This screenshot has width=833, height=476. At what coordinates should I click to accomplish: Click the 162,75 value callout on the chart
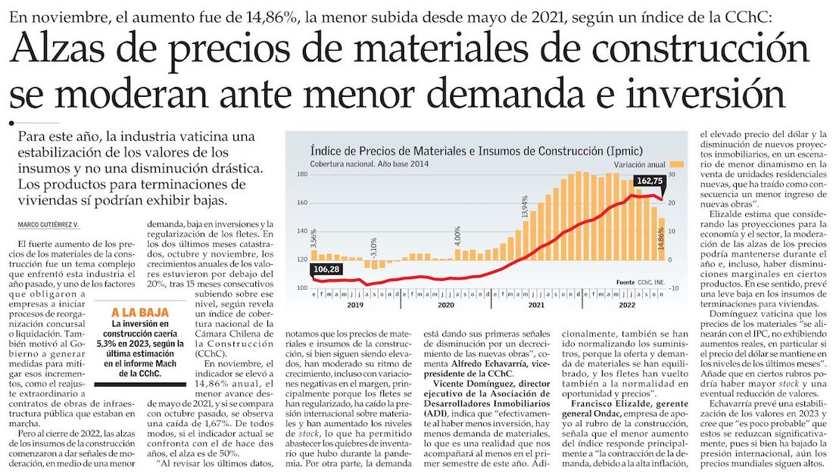pos(649,181)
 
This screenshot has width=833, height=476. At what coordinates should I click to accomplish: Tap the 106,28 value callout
pos(325,270)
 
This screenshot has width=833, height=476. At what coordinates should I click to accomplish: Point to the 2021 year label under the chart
pos(536,306)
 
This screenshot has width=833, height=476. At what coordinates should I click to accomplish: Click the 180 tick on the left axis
pos(301,175)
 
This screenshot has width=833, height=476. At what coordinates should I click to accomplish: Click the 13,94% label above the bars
pos(525,205)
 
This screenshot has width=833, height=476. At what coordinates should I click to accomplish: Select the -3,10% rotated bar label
pos(373,247)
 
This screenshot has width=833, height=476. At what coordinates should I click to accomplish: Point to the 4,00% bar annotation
pos(457,238)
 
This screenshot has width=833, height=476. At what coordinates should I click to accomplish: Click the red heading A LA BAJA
pos(140,312)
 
